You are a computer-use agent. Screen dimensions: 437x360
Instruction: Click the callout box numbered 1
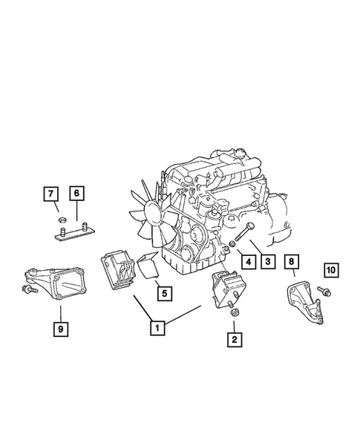click(157, 324)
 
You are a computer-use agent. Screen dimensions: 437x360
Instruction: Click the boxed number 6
click(77, 194)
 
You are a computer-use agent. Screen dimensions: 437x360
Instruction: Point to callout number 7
click(50, 194)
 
